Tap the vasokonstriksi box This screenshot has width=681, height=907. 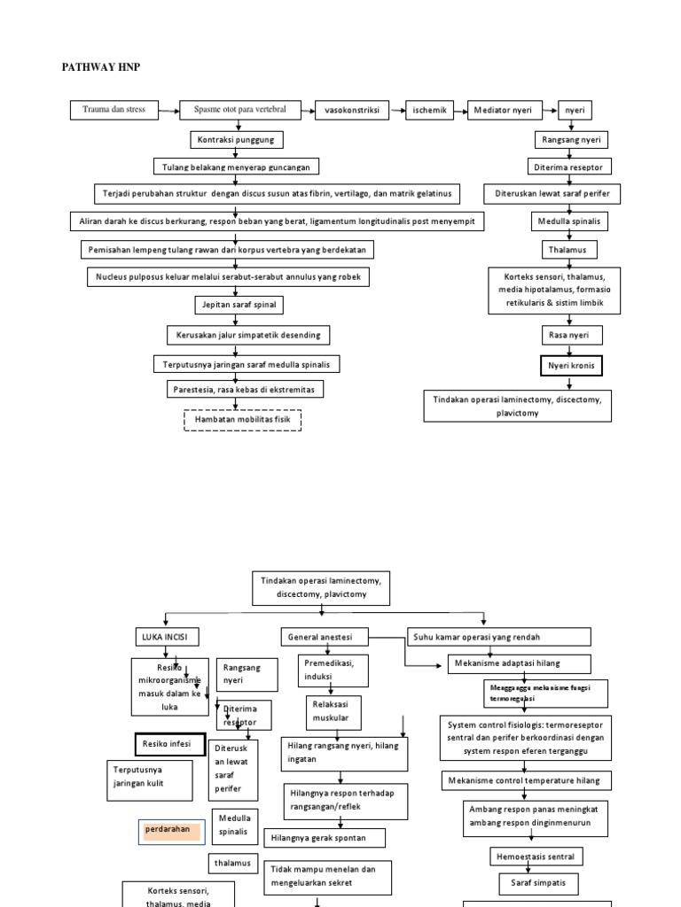[x=351, y=111]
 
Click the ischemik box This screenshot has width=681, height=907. [x=429, y=111]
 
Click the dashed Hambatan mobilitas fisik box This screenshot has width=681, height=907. [x=242, y=419]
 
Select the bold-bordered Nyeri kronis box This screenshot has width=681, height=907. [x=571, y=365]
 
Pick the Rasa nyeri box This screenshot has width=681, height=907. [x=571, y=335]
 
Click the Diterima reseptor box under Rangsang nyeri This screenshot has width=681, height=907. [x=571, y=167]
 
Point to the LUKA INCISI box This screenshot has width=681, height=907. [x=166, y=637]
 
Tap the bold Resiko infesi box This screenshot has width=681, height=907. [x=169, y=744]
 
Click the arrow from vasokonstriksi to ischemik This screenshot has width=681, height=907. [x=395, y=111]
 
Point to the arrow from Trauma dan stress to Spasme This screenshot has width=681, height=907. [x=169, y=110]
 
